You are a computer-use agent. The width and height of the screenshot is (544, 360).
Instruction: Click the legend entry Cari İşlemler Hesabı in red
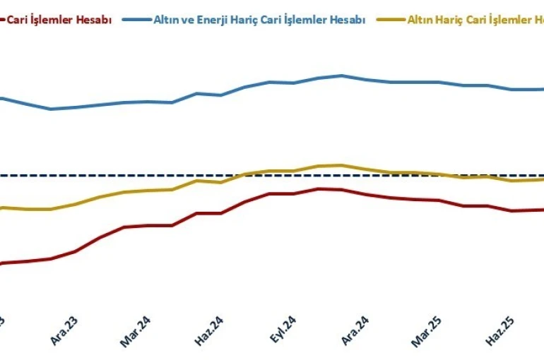59,20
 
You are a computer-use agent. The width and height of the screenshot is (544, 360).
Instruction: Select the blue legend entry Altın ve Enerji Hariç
259,20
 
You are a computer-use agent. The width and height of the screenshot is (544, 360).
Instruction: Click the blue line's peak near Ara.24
342,76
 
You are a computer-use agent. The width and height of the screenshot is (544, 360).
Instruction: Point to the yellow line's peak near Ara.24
342,165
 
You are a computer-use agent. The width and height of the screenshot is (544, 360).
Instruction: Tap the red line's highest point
319,188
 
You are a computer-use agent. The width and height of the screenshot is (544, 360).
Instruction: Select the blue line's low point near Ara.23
51,109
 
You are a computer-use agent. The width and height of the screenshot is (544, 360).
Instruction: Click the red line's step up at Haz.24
197,212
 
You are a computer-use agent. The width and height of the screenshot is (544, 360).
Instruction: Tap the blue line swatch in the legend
135,20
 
